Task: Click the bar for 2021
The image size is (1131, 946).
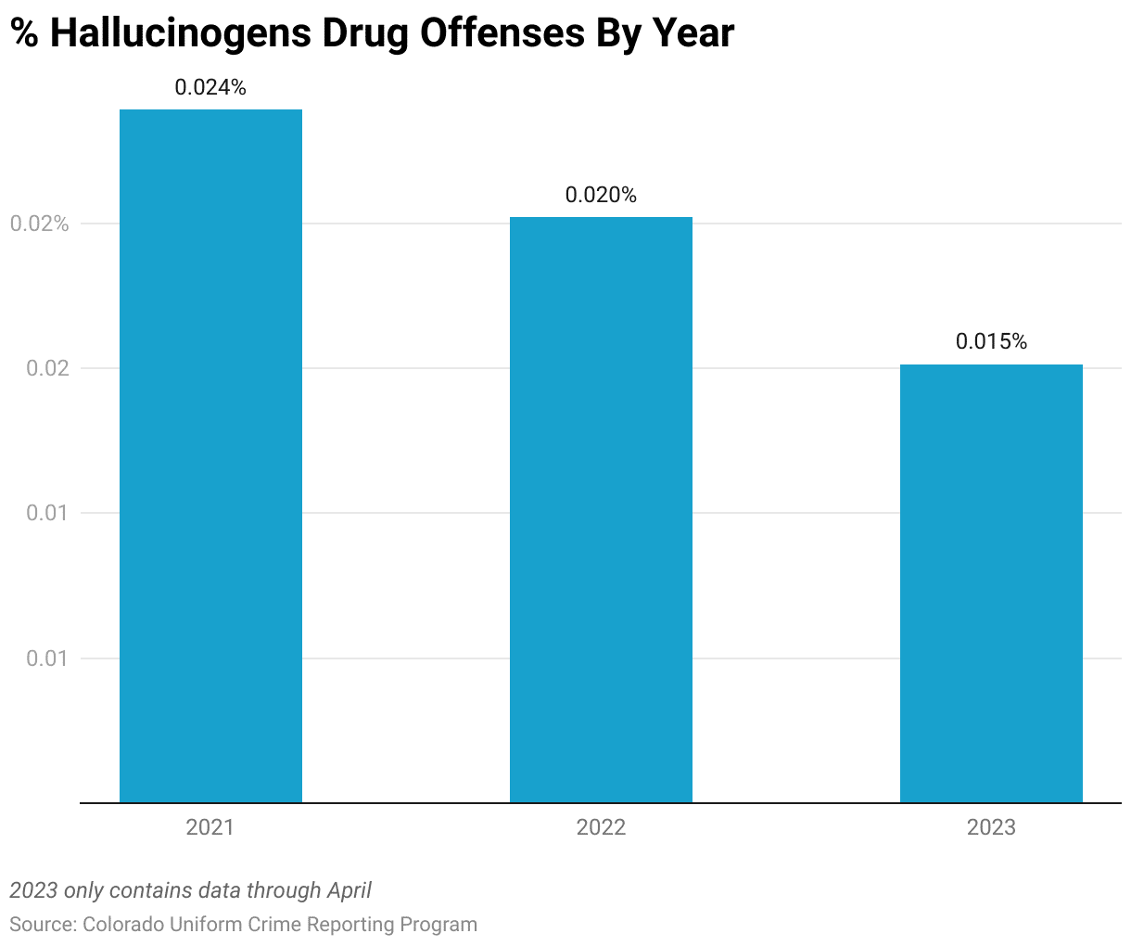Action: pyautogui.click(x=210, y=455)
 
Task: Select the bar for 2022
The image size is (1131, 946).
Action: pyautogui.click(x=601, y=509)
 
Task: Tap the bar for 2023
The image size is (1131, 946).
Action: pyautogui.click(x=991, y=583)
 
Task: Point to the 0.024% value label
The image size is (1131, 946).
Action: pyautogui.click(x=210, y=88)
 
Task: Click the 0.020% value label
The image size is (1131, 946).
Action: pyautogui.click(x=601, y=196)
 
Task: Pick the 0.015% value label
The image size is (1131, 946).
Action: pyautogui.click(x=991, y=342)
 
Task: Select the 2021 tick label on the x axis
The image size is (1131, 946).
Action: pyautogui.click(x=210, y=827)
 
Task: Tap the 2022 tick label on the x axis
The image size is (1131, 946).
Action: pyautogui.click(x=601, y=827)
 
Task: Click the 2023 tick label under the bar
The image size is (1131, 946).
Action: pyautogui.click(x=991, y=827)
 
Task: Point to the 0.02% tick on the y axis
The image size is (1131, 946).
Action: pyautogui.click(x=39, y=224)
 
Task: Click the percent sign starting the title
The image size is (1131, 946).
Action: pyautogui.click(x=25, y=34)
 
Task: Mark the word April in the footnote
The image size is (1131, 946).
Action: pyautogui.click(x=349, y=891)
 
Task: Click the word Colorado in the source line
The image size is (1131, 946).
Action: pyautogui.click(x=123, y=925)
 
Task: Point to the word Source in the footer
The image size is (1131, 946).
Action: pyautogui.click(x=40, y=925)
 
